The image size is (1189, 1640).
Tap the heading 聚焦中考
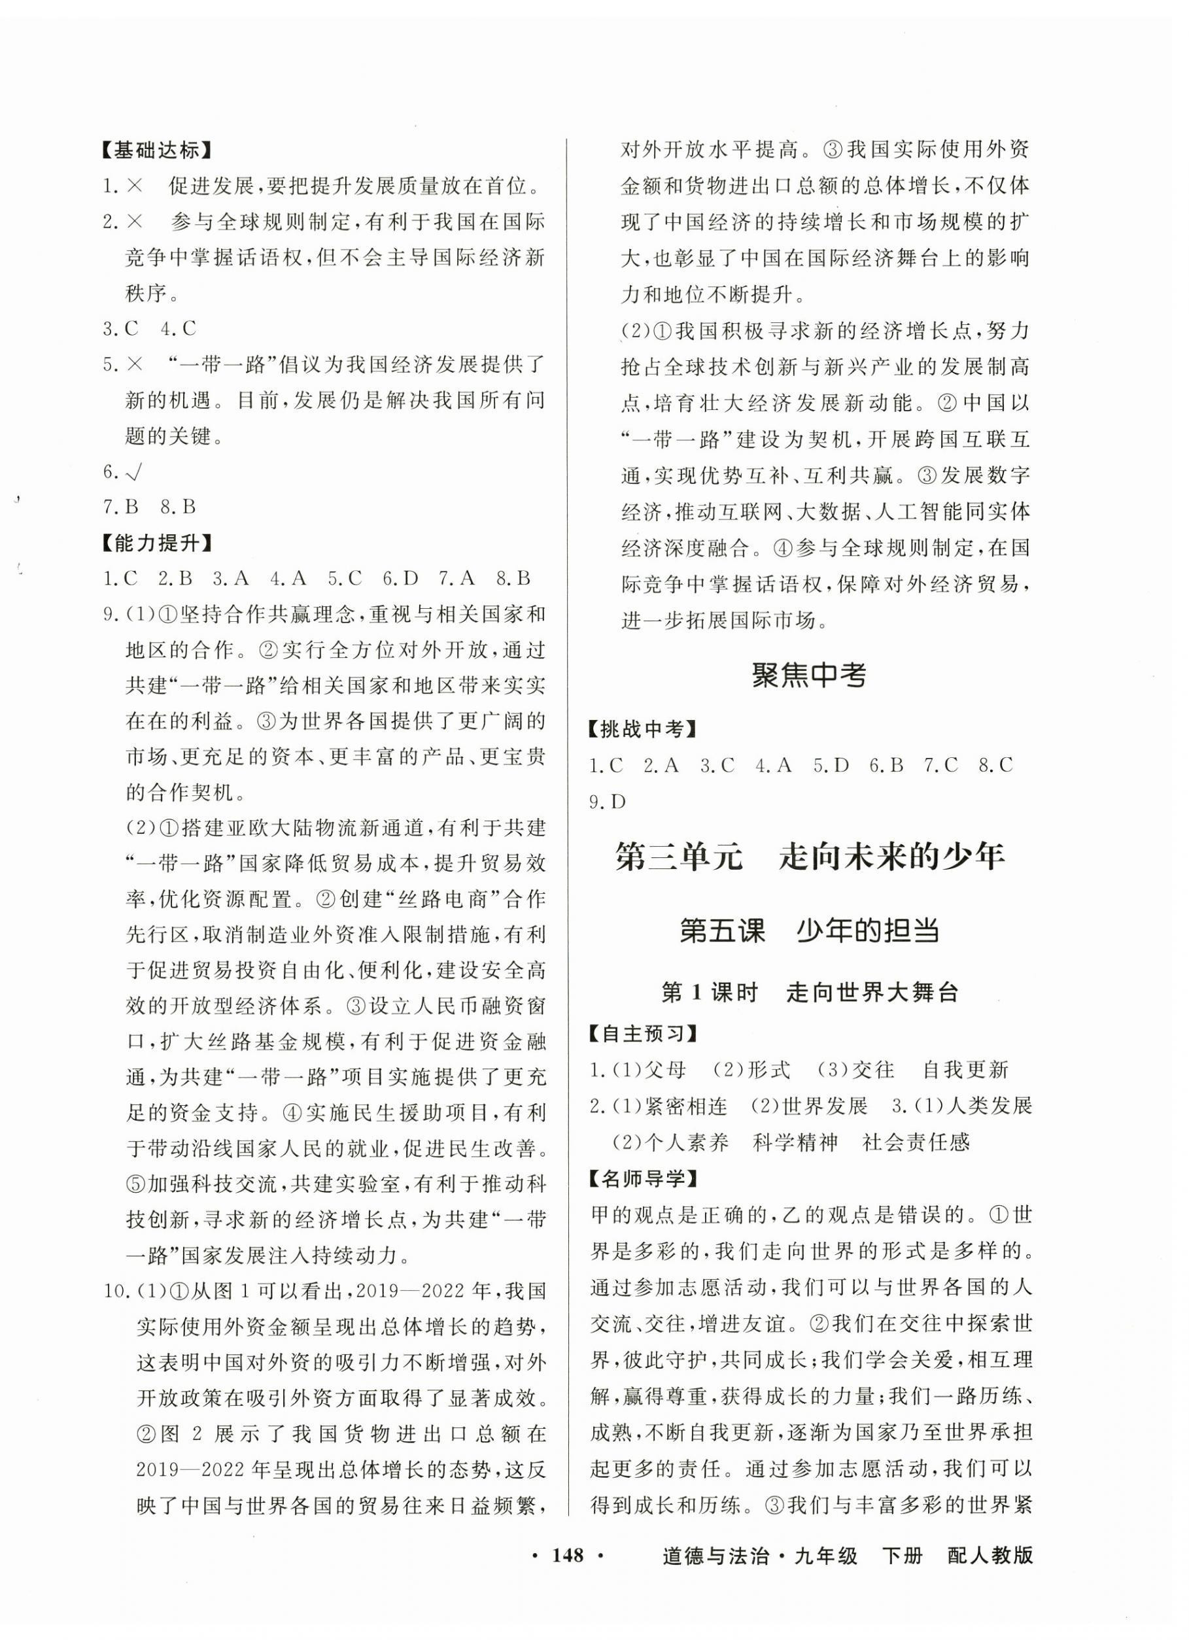(x=808, y=675)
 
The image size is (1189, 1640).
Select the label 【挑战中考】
(x=642, y=730)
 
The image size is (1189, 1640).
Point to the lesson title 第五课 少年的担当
(x=809, y=931)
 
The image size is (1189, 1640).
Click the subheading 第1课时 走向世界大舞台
(x=809, y=993)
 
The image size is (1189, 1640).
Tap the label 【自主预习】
(x=642, y=1034)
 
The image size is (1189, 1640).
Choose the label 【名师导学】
(x=642, y=1178)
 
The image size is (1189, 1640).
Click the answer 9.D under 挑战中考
(x=608, y=802)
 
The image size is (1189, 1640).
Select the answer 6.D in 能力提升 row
(x=402, y=579)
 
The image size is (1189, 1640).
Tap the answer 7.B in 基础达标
(x=121, y=507)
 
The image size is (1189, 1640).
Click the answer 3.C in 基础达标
(x=121, y=329)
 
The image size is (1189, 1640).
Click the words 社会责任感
(x=916, y=1142)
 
